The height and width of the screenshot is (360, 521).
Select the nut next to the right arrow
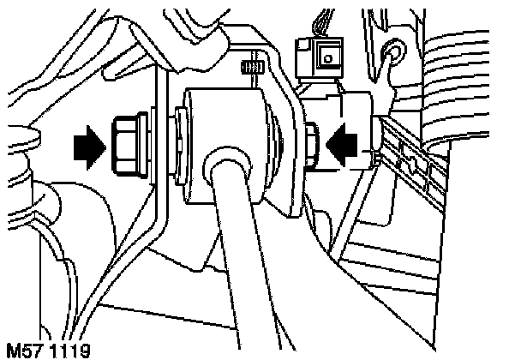pos(312,139)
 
